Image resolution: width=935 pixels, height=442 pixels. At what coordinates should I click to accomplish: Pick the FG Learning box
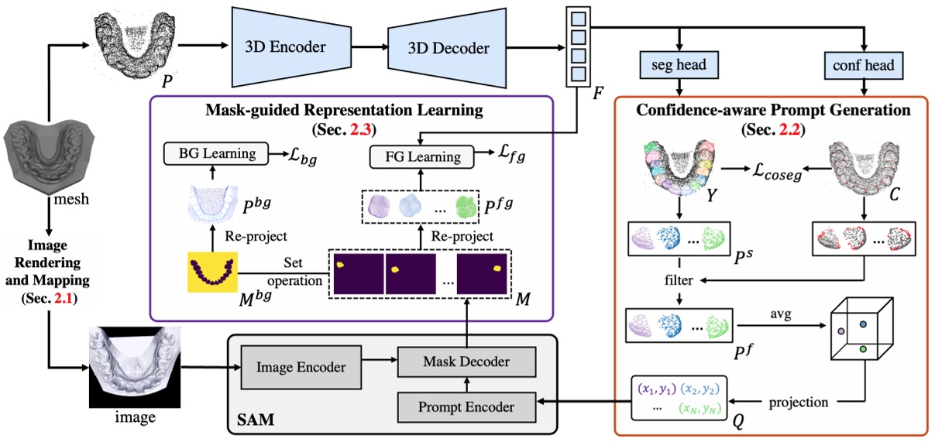422,156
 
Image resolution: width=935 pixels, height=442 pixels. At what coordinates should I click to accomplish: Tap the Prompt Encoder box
466,403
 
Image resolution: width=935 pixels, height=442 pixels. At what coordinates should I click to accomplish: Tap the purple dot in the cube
840,331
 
